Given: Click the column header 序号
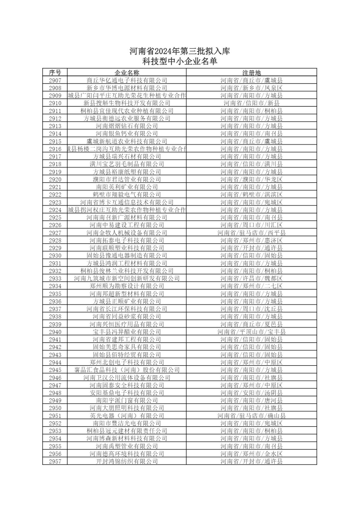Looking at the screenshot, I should click(x=55, y=73).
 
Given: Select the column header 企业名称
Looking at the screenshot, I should click(x=127, y=73).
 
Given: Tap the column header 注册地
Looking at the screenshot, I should click(x=251, y=73).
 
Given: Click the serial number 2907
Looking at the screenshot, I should click(x=55, y=80).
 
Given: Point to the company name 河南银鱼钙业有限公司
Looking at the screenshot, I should click(x=127, y=134).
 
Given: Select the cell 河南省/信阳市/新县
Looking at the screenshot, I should click(x=251, y=103).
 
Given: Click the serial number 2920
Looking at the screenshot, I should click(x=55, y=179).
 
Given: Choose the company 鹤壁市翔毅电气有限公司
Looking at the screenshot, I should click(x=127, y=195).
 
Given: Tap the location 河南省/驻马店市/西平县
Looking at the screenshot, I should click(x=251, y=233).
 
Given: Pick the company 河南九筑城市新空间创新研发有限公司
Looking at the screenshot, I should click(x=127, y=278).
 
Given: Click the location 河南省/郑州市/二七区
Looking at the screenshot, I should click(x=251, y=286).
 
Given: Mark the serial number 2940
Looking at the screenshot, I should click(x=55, y=332).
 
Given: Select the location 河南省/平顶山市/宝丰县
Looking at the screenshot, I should click(x=251, y=332).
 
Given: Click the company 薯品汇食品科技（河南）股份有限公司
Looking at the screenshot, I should click(x=127, y=370).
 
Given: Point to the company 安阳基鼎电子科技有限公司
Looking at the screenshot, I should click(x=127, y=393).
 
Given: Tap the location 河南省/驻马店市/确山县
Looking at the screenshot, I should click(x=251, y=416).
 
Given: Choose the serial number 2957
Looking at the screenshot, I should click(x=55, y=461).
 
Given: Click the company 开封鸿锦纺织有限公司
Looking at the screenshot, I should click(x=127, y=461).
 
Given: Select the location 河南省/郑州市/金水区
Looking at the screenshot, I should click(x=251, y=454).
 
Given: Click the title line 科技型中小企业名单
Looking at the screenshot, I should click(x=180, y=61).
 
